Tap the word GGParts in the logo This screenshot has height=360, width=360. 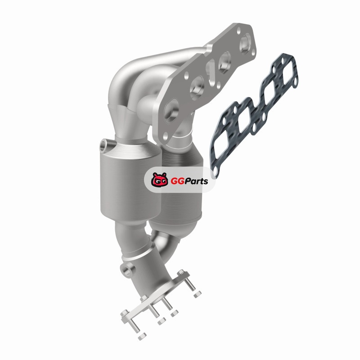click(189, 181)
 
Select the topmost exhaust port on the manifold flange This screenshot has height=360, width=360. click(245, 44)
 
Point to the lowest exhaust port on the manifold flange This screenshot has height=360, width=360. click(171, 111)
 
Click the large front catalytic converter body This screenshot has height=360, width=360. click(130, 181)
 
